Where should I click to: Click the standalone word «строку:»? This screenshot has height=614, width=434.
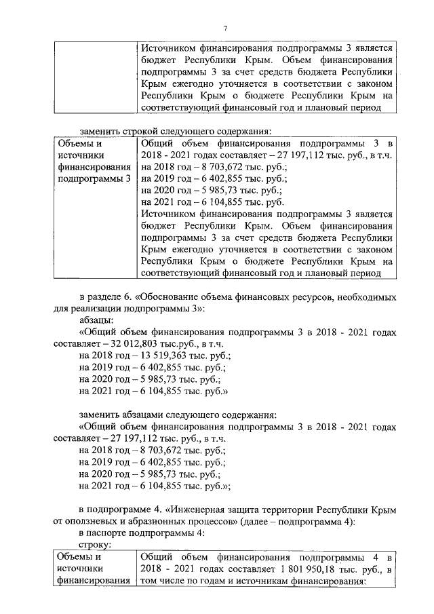[x=96, y=544]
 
